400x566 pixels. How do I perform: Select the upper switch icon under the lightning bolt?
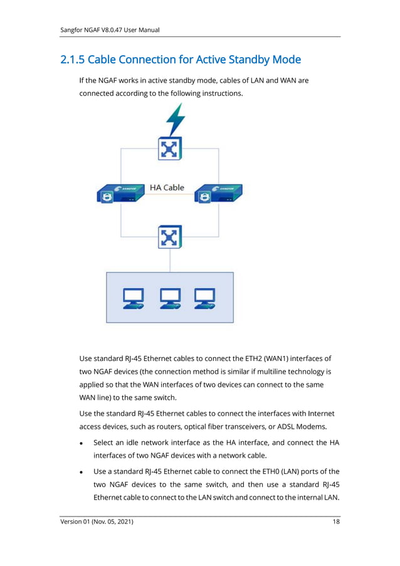169,149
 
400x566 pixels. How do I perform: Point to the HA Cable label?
167,187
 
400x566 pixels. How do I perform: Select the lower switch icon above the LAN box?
169,238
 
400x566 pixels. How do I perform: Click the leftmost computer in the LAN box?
133,298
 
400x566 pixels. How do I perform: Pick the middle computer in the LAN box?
170,298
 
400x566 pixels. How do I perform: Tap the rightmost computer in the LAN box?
205,298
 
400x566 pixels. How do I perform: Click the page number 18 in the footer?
336,522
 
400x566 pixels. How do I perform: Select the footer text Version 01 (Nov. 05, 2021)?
97,522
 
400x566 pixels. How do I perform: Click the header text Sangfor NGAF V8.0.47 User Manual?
109,30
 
